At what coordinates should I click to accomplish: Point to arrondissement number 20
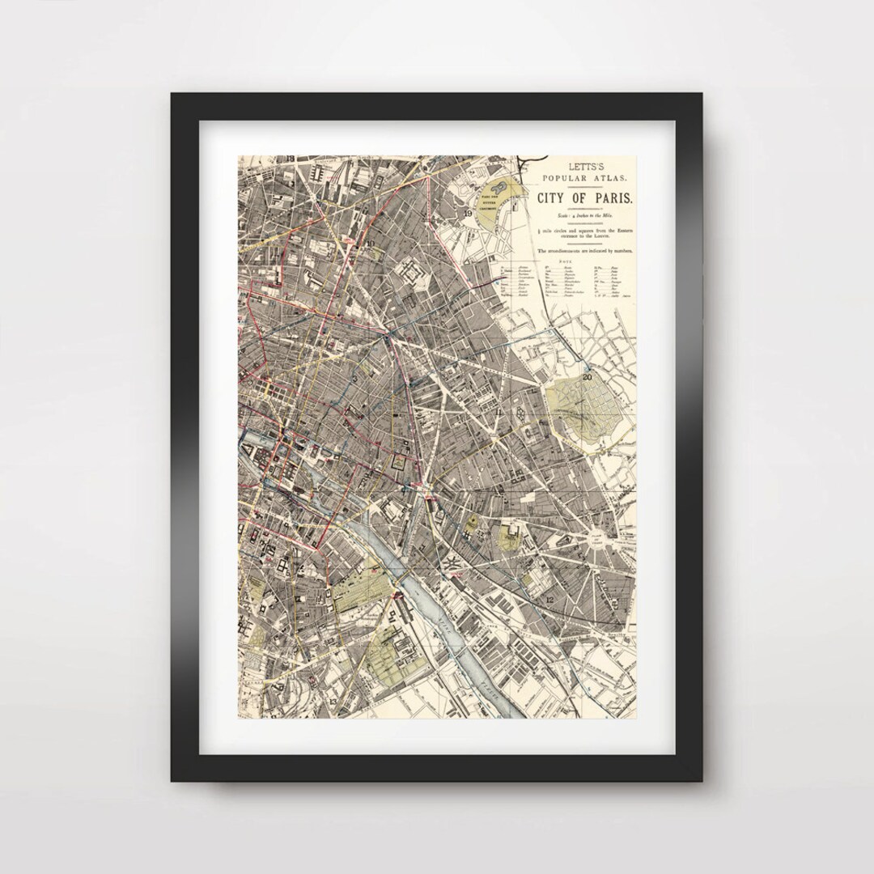pos(587,375)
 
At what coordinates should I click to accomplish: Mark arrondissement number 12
pos(549,599)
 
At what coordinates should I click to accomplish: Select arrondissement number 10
pos(370,242)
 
